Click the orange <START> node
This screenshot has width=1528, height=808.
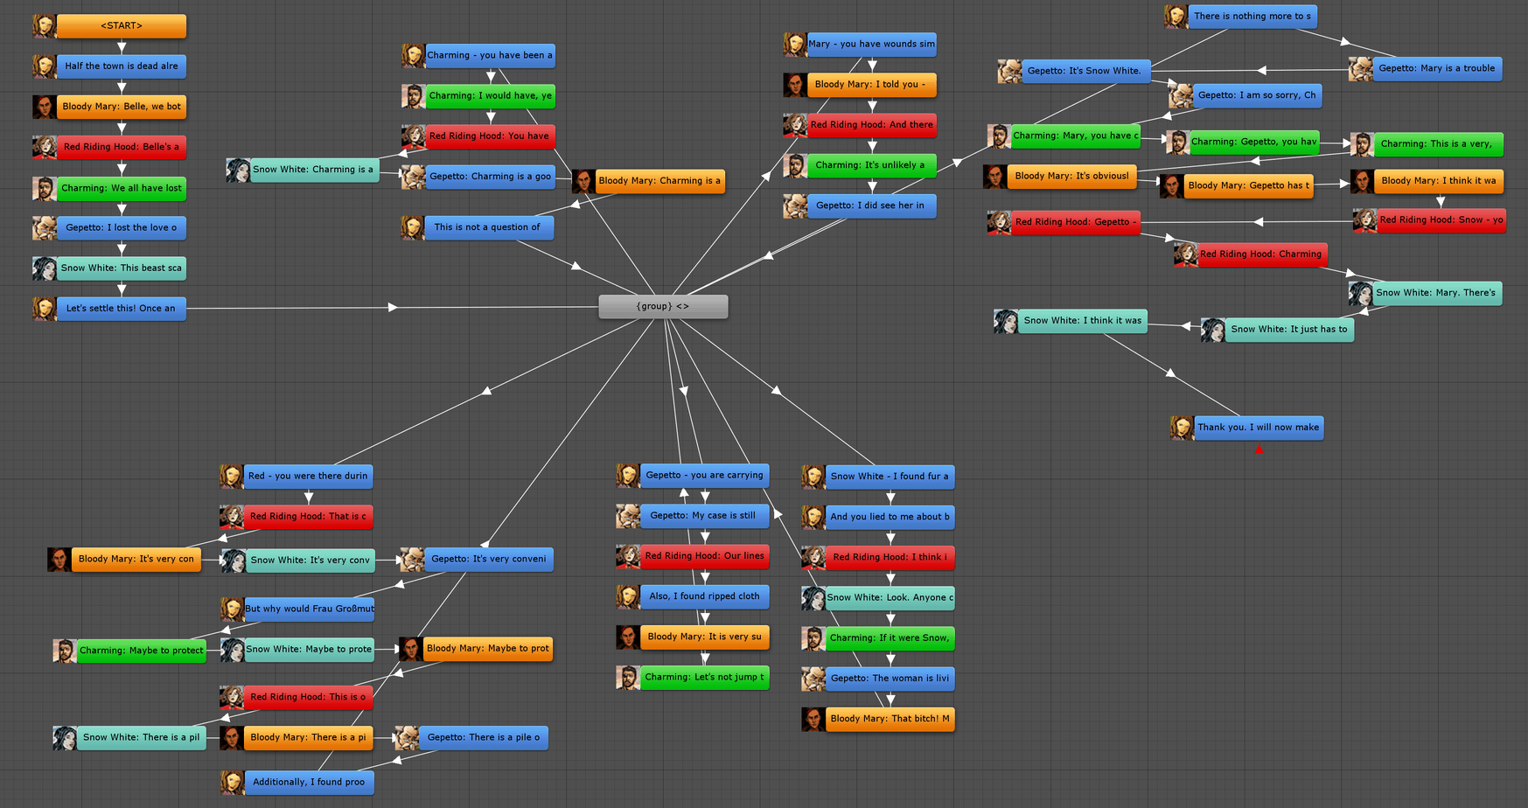pos(122,26)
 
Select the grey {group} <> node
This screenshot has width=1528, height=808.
pos(663,307)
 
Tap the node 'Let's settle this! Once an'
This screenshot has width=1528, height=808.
pos(122,309)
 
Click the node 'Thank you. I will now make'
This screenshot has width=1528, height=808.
pos(1259,428)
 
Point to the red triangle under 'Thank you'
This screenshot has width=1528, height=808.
pos(1259,449)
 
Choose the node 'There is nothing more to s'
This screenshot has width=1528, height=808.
pos(1252,17)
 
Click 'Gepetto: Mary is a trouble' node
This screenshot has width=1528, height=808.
pos(1437,69)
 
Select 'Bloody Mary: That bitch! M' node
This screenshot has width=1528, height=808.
pos(890,720)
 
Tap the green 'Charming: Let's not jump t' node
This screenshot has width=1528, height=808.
pos(704,678)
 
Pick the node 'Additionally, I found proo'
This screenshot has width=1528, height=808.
pos(309,783)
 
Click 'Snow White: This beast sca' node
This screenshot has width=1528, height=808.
pos(122,268)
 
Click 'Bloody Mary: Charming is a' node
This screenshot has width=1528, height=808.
pos(659,182)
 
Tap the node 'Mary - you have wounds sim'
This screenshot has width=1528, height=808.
pos(872,45)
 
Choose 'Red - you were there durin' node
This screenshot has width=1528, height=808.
pos(309,477)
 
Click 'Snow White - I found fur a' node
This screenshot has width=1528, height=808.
pos(890,477)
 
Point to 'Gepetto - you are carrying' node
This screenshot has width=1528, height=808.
pos(704,476)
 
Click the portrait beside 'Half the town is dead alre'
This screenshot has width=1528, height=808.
pos(45,66)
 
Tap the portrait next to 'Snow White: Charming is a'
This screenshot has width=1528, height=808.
pos(238,171)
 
